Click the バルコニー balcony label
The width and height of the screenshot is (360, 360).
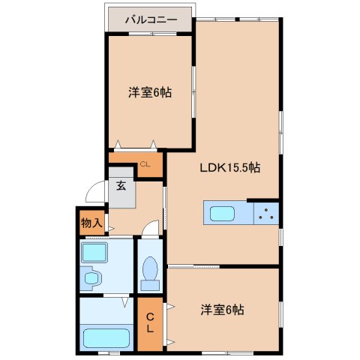pos(151,19)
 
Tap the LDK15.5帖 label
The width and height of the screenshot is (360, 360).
pos(230,167)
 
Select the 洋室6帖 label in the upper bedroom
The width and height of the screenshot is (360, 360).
pos(150,92)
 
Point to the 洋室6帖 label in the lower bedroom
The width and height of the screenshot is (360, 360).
pos(222,310)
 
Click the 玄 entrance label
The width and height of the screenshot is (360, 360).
pos(121,185)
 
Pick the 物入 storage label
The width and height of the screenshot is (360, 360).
pos(91,223)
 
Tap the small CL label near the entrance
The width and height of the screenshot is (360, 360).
pos(145,164)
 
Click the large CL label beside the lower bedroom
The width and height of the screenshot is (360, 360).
pos(150,322)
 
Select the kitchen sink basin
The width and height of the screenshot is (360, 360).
pos(222,214)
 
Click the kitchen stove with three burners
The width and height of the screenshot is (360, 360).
pos(266,213)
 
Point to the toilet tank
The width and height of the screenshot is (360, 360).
pos(150,286)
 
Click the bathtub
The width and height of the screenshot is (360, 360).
pos(106,337)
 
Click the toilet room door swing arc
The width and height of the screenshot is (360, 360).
pos(151,226)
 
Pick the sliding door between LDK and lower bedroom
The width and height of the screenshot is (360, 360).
pos(193,267)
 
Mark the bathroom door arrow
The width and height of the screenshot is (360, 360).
pos(125,302)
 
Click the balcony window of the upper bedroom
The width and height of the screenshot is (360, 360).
pos(152,34)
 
